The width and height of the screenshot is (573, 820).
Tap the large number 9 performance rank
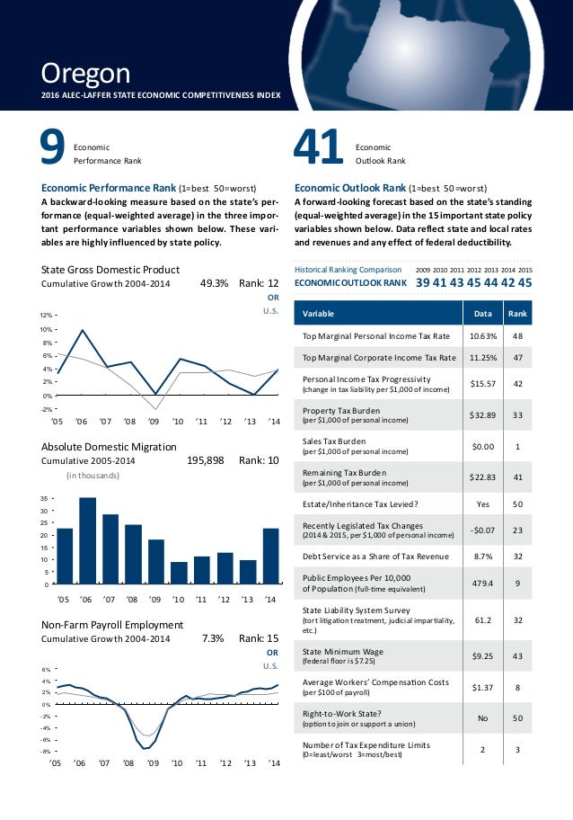click(x=52, y=149)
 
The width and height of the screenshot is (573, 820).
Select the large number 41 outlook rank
click(x=319, y=149)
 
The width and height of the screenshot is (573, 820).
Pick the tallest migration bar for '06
click(x=87, y=540)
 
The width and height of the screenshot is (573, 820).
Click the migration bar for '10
click(x=179, y=573)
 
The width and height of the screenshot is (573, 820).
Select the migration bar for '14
click(x=270, y=556)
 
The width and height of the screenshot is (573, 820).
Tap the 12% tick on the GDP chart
click(x=46, y=316)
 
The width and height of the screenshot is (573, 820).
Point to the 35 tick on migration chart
click(x=45, y=497)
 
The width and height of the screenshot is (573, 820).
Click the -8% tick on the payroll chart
click(x=46, y=750)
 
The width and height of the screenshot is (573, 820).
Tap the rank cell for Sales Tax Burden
click(x=517, y=447)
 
